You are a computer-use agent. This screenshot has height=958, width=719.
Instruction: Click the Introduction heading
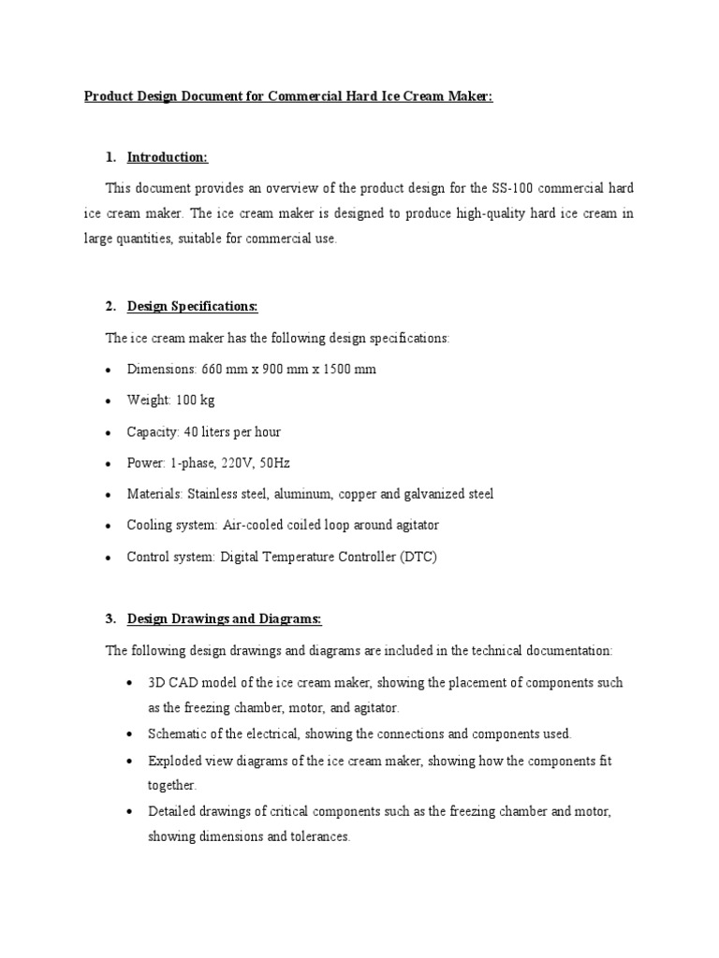coord(168,156)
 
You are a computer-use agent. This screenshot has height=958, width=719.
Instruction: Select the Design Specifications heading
coord(192,306)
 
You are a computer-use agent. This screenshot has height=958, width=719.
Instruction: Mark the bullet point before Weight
coord(110,401)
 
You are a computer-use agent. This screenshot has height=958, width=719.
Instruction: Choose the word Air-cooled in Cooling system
coord(251,525)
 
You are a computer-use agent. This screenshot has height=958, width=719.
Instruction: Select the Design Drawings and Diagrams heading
coord(225,617)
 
